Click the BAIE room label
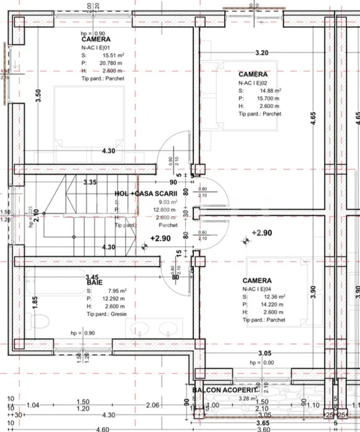[x=94, y=283]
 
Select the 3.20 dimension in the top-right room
[x=262, y=53]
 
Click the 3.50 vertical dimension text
[x=38, y=96]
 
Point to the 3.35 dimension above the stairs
[x=90, y=182]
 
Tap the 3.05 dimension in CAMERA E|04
[x=265, y=354]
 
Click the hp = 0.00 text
[x=262, y=362]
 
